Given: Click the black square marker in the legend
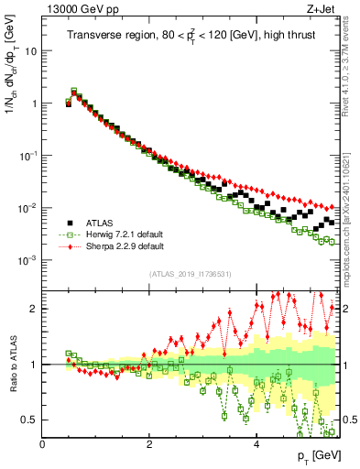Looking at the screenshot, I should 69,223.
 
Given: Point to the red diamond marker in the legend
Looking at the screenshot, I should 69,246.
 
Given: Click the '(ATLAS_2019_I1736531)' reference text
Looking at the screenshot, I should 190,274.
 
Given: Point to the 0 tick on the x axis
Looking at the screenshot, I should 42,444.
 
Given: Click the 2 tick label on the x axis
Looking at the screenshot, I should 149,444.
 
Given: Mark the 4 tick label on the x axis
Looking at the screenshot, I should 256,444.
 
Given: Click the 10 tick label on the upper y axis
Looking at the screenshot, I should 29,51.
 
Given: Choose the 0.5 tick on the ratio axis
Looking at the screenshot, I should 30,420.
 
